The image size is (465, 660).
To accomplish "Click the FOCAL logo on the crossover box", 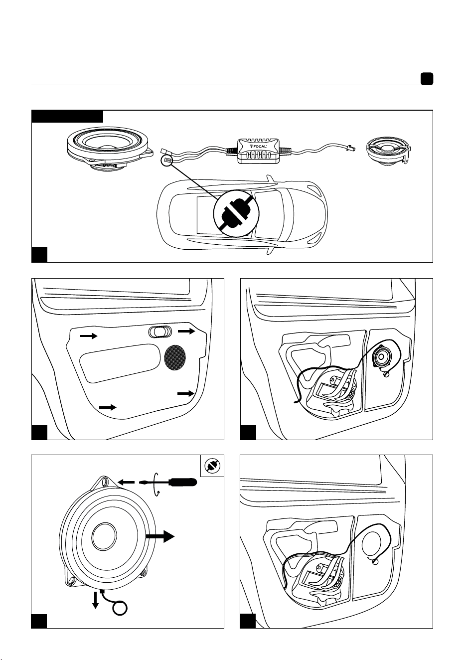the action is click(258, 147).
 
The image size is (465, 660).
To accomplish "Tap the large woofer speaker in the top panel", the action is click(110, 150).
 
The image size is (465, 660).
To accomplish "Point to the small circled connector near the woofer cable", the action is click(167, 161).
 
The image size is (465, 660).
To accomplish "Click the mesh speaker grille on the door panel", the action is click(175, 357).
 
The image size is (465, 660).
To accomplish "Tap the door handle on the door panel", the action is click(159, 332).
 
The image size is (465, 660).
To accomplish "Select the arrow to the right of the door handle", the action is click(186, 331).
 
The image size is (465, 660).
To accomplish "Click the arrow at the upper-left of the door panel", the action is click(89, 336).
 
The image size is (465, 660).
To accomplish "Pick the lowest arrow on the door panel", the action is click(108, 407).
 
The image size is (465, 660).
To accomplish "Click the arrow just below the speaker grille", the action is click(186, 393).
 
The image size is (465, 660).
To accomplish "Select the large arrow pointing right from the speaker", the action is click(160, 536).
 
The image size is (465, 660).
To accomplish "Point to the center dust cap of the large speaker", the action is click(104, 536).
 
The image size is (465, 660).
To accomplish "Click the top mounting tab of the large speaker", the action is click(105, 483).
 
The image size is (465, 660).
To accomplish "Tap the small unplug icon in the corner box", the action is click(212, 466).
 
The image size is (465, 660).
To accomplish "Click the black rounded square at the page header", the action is click(427, 79).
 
